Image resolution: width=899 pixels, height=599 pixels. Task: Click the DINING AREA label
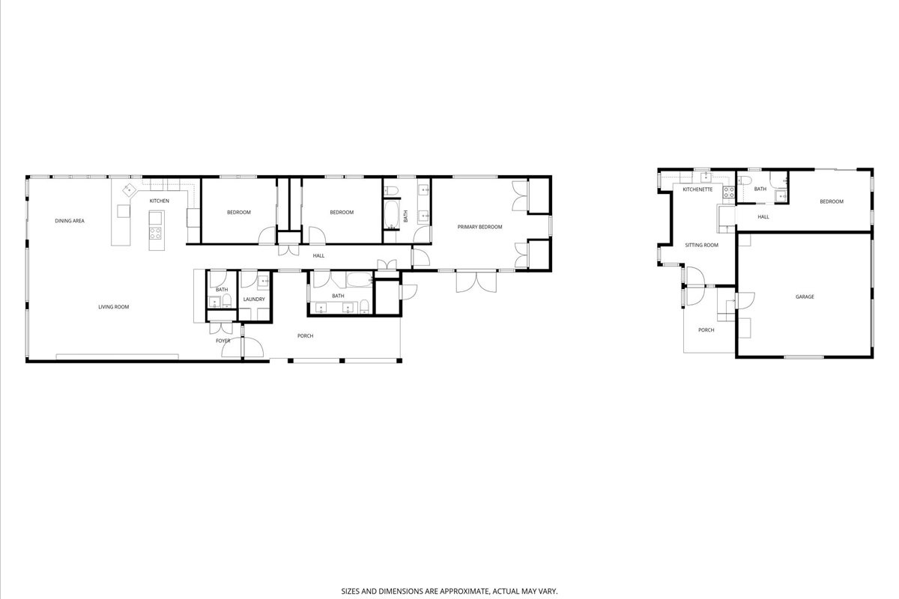pyautogui.click(x=70, y=221)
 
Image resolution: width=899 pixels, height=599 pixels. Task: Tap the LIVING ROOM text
pyautogui.click(x=114, y=307)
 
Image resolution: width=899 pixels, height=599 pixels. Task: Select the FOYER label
pyautogui.click(x=223, y=341)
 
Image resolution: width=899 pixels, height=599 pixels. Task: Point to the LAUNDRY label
pyautogui.click(x=254, y=299)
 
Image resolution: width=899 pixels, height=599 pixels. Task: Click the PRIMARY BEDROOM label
pyautogui.click(x=479, y=227)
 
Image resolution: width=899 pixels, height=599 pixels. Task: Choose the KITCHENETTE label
pyautogui.click(x=697, y=189)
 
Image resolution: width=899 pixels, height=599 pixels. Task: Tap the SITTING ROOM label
pyautogui.click(x=701, y=245)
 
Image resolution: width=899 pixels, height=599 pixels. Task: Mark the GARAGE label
pyautogui.click(x=805, y=297)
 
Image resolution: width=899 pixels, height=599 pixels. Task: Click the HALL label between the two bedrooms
pyautogui.click(x=318, y=255)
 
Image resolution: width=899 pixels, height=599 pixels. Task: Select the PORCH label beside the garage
pyautogui.click(x=706, y=330)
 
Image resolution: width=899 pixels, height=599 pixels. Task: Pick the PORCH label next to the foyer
pyautogui.click(x=305, y=335)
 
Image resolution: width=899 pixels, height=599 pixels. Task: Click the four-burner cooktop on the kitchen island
pyautogui.click(x=156, y=233)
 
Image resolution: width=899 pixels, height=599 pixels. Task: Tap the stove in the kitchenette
pyautogui.click(x=729, y=192)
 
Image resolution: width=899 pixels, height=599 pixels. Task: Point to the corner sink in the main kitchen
pyautogui.click(x=129, y=189)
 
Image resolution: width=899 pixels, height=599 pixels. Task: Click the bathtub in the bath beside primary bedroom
pyautogui.click(x=392, y=214)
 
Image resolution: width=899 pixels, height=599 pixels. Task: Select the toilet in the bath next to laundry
pyautogui.click(x=227, y=300)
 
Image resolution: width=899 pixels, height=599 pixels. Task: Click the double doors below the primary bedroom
pyautogui.click(x=476, y=282)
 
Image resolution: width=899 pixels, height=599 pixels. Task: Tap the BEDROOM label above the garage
pyautogui.click(x=831, y=201)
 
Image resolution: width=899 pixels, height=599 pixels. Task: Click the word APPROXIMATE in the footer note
pyautogui.click(x=465, y=591)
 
